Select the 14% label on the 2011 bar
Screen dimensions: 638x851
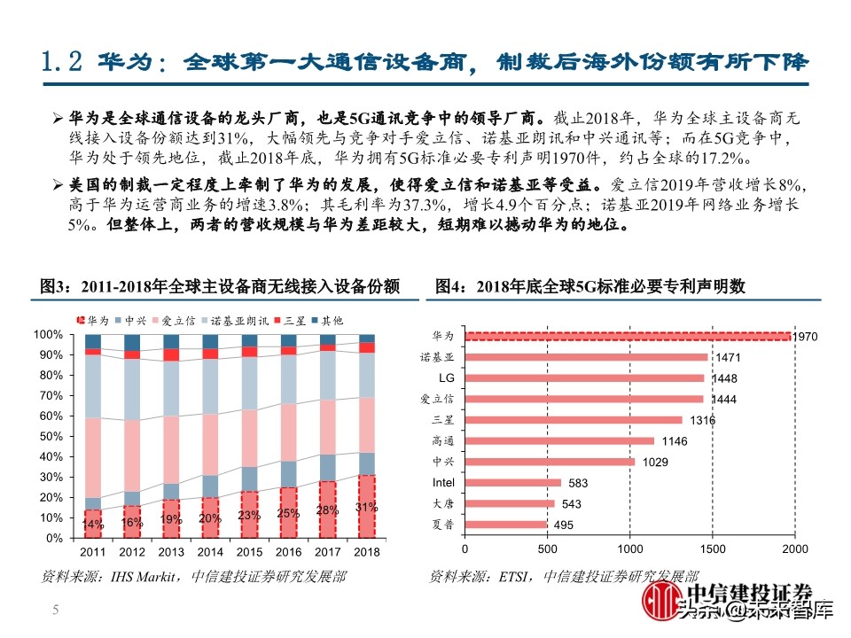pos(93,524)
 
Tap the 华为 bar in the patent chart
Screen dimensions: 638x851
pos(628,336)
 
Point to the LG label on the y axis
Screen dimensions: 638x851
pos(446,377)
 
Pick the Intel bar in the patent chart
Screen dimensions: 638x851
pos(512,483)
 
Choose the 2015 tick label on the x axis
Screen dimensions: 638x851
pos(250,551)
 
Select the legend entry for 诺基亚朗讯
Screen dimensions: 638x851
pos(233,320)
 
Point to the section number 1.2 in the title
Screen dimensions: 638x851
pos(62,62)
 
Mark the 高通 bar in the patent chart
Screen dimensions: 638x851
pos(559,440)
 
